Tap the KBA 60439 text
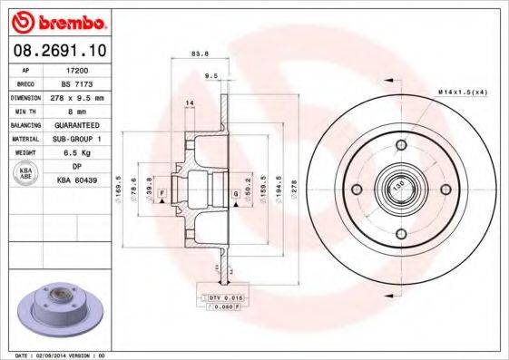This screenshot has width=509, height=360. coord(78,180)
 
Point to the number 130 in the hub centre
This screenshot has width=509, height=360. coord(396,189)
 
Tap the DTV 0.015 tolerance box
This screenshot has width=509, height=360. coord(220,297)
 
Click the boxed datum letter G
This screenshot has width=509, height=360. coord(235,193)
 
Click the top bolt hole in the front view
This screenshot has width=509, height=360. coord(396,148)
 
